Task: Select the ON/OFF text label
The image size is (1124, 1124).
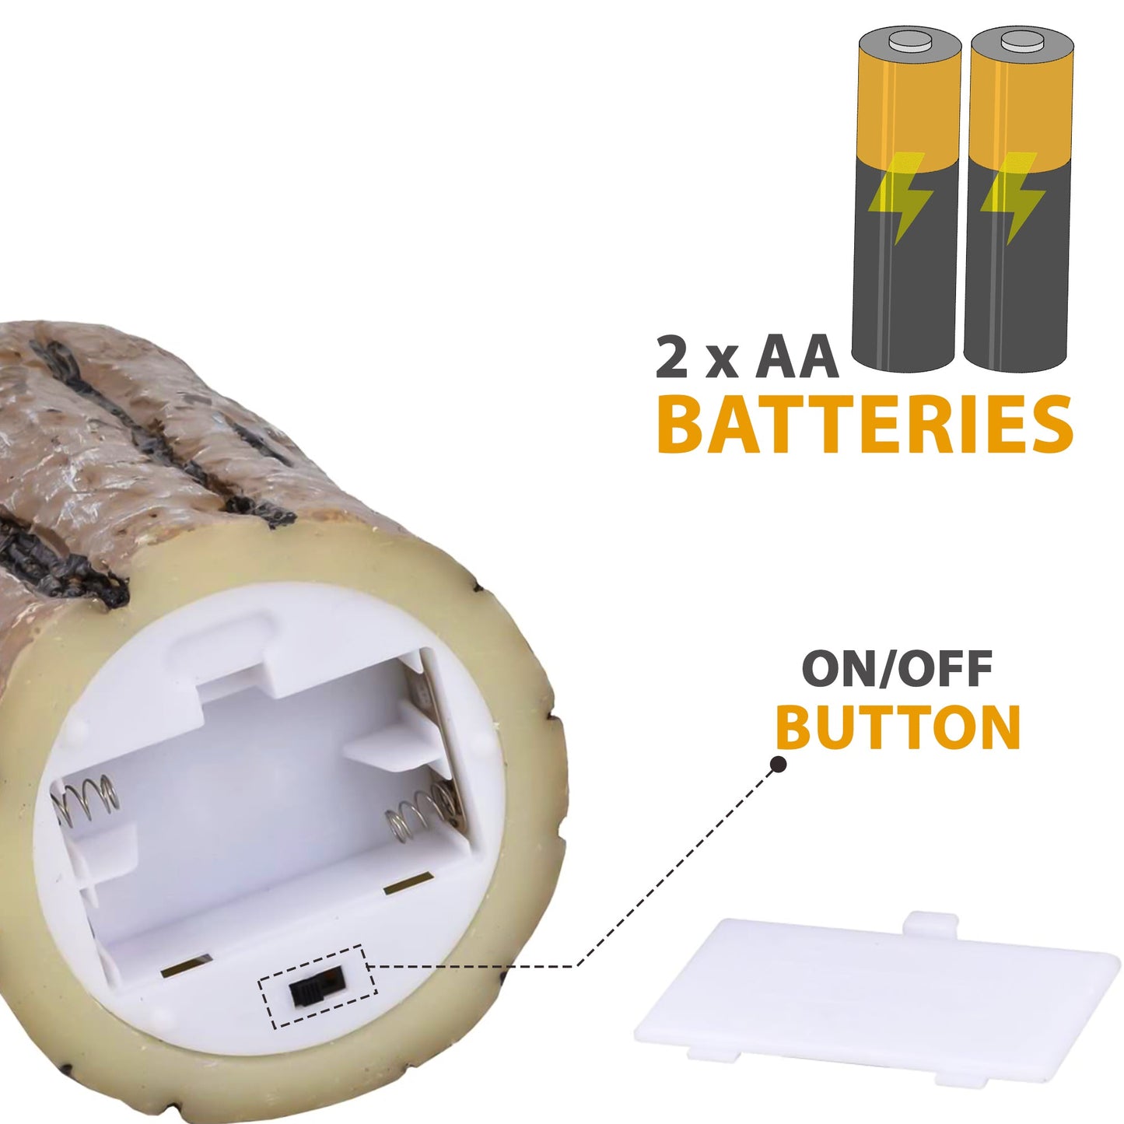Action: point(897,669)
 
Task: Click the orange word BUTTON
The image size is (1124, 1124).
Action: point(898,727)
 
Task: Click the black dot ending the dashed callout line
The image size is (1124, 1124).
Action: point(779,765)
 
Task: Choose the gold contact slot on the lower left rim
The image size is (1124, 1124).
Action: point(187,966)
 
